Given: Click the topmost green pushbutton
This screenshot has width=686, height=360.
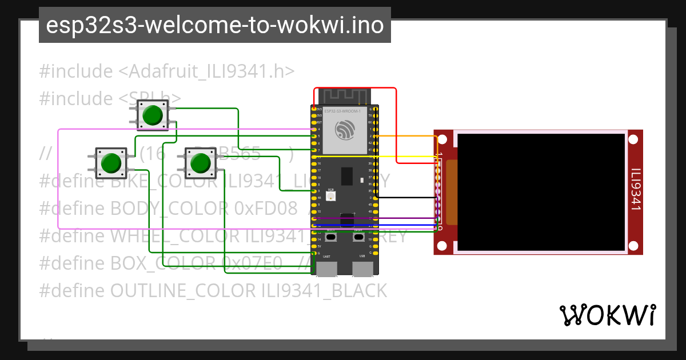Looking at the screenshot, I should click(x=152, y=115).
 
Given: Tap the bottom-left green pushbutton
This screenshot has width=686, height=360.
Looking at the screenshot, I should click(x=110, y=163).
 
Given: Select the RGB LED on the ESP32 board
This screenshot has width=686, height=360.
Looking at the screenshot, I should click(x=330, y=195).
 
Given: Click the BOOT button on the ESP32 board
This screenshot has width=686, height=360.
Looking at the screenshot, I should click(x=332, y=235).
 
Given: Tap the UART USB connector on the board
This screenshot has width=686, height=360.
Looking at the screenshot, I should click(x=327, y=269).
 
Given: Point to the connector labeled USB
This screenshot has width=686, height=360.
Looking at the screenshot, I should click(x=362, y=269).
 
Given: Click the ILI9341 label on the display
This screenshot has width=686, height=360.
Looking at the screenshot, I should click(x=635, y=189).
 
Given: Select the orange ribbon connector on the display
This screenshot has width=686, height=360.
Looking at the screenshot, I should click(x=452, y=192).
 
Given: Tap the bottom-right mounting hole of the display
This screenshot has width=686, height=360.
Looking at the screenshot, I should click(x=633, y=246).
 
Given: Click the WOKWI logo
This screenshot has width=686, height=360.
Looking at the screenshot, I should click(x=607, y=315).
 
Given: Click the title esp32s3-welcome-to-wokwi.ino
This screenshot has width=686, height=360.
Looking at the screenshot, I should click(x=215, y=25).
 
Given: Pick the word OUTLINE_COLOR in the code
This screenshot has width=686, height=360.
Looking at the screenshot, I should click(x=183, y=291).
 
